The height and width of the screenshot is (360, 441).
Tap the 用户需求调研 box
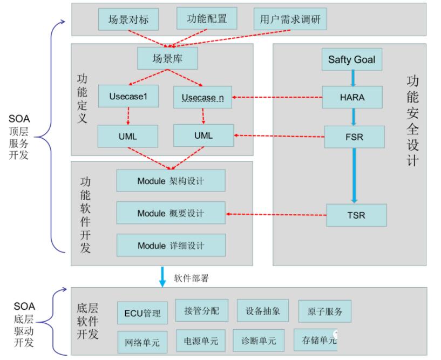click(290, 20)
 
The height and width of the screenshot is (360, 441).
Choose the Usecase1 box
click(128, 97)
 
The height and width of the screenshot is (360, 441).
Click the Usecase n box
click(203, 97)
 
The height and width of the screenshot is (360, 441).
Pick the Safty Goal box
click(351, 59)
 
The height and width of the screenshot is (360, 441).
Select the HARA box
click(351, 97)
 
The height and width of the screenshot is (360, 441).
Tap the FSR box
click(354, 137)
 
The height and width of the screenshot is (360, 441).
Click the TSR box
click(356, 215)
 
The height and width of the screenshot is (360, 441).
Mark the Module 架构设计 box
click(170, 180)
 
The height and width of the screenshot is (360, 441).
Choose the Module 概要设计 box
click(170, 213)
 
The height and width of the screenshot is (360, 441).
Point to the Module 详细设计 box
click(170, 246)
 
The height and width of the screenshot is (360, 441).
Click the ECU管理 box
click(143, 313)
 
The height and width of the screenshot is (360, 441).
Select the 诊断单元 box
click(258, 341)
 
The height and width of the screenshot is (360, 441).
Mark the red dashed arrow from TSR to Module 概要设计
click(276, 214)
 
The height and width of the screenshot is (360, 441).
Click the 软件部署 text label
click(191, 279)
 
